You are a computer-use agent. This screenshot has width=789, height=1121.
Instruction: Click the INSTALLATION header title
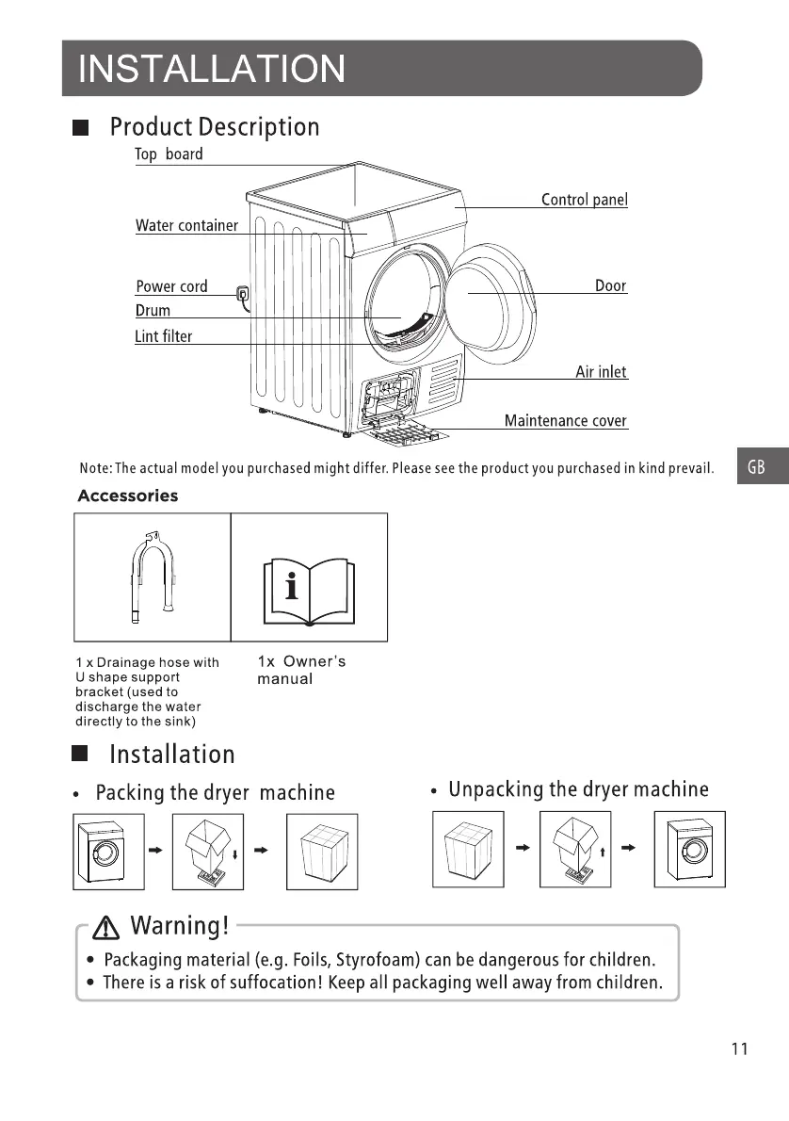click(x=212, y=69)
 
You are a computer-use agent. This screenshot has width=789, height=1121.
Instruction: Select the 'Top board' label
click(x=169, y=154)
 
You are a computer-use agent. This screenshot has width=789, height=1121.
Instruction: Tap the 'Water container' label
click(x=186, y=225)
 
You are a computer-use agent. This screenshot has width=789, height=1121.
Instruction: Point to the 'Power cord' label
click(x=171, y=286)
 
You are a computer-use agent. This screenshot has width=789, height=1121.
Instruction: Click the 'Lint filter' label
click(x=163, y=336)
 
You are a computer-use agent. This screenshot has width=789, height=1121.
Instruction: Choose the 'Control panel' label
click(x=584, y=200)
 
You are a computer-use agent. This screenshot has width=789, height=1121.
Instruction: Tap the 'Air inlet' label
click(x=601, y=372)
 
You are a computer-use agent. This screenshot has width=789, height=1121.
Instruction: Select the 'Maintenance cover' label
click(x=565, y=421)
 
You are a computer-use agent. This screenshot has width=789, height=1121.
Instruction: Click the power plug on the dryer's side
click(x=244, y=296)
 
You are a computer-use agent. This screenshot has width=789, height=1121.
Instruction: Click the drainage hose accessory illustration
click(x=152, y=577)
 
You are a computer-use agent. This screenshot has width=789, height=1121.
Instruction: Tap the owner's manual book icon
click(x=308, y=591)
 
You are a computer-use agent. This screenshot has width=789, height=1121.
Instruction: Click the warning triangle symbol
click(x=108, y=927)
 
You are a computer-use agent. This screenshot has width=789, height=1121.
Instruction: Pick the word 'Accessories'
click(x=127, y=496)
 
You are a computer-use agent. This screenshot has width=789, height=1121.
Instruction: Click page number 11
click(x=739, y=1049)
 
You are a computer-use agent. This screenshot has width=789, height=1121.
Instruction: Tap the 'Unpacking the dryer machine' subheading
click(x=578, y=789)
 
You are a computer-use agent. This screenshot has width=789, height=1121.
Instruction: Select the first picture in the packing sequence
click(x=109, y=850)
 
